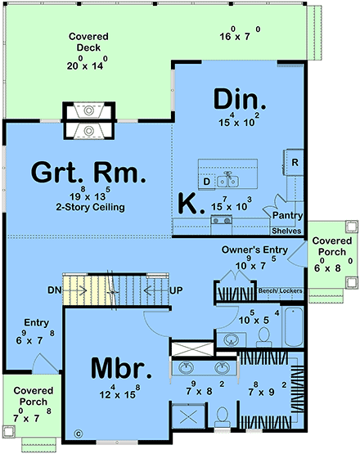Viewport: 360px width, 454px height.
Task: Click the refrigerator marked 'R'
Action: point(294,162)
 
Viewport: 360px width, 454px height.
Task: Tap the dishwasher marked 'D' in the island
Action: point(207,180)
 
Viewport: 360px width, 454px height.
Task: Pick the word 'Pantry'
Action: point(288,216)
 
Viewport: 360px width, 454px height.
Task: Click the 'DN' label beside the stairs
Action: point(54,290)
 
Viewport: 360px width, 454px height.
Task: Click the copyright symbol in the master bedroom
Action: point(79,434)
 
